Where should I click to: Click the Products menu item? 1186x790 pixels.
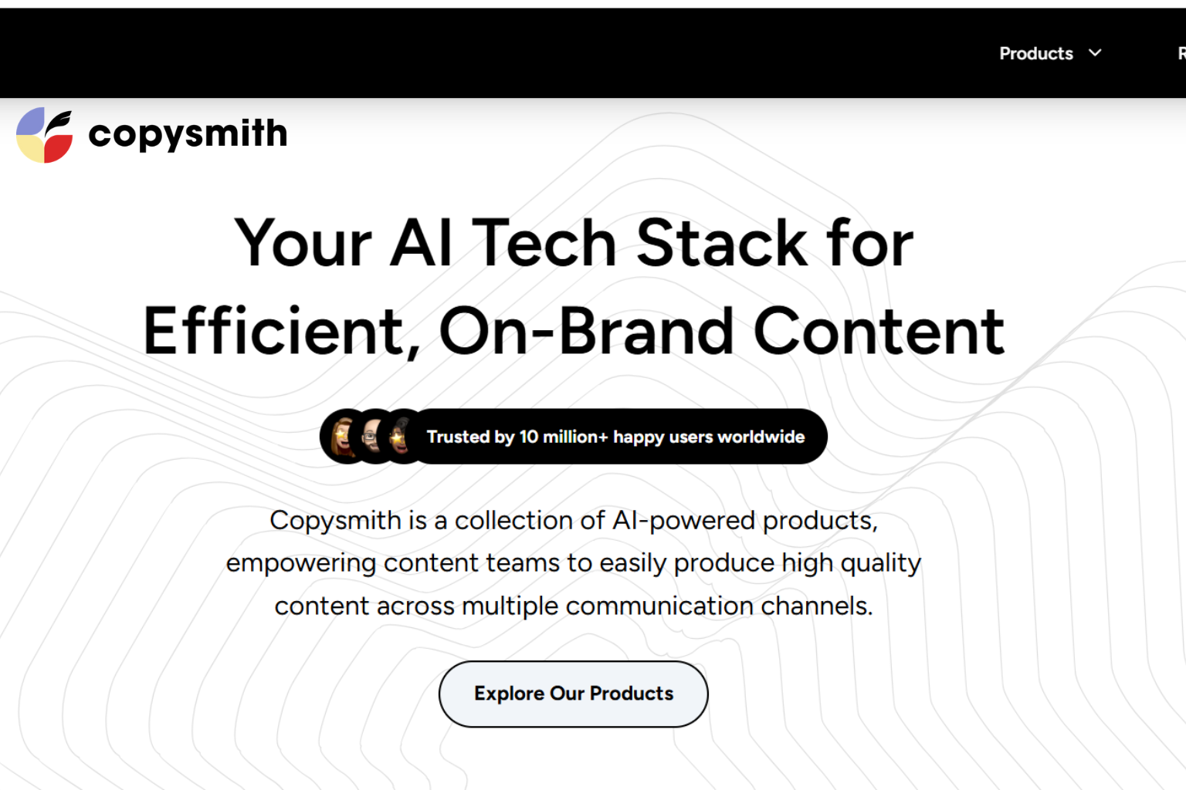tap(1035, 53)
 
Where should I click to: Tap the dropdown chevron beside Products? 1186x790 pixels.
tap(1095, 52)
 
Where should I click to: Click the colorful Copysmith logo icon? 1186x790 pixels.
tap(45, 135)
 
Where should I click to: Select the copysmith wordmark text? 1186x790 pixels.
tap(188, 134)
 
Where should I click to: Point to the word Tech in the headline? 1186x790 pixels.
tap(544, 243)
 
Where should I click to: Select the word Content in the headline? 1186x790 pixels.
tap(878, 331)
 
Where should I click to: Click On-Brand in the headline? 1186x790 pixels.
tap(587, 331)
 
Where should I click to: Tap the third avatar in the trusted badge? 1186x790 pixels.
tap(401, 437)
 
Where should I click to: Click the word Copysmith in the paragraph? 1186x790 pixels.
tap(335, 521)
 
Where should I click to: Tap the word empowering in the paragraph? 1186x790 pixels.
tap(301, 563)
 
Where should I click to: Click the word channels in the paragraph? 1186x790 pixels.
tap(814, 606)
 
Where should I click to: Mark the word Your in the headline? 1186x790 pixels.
tap(303, 243)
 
